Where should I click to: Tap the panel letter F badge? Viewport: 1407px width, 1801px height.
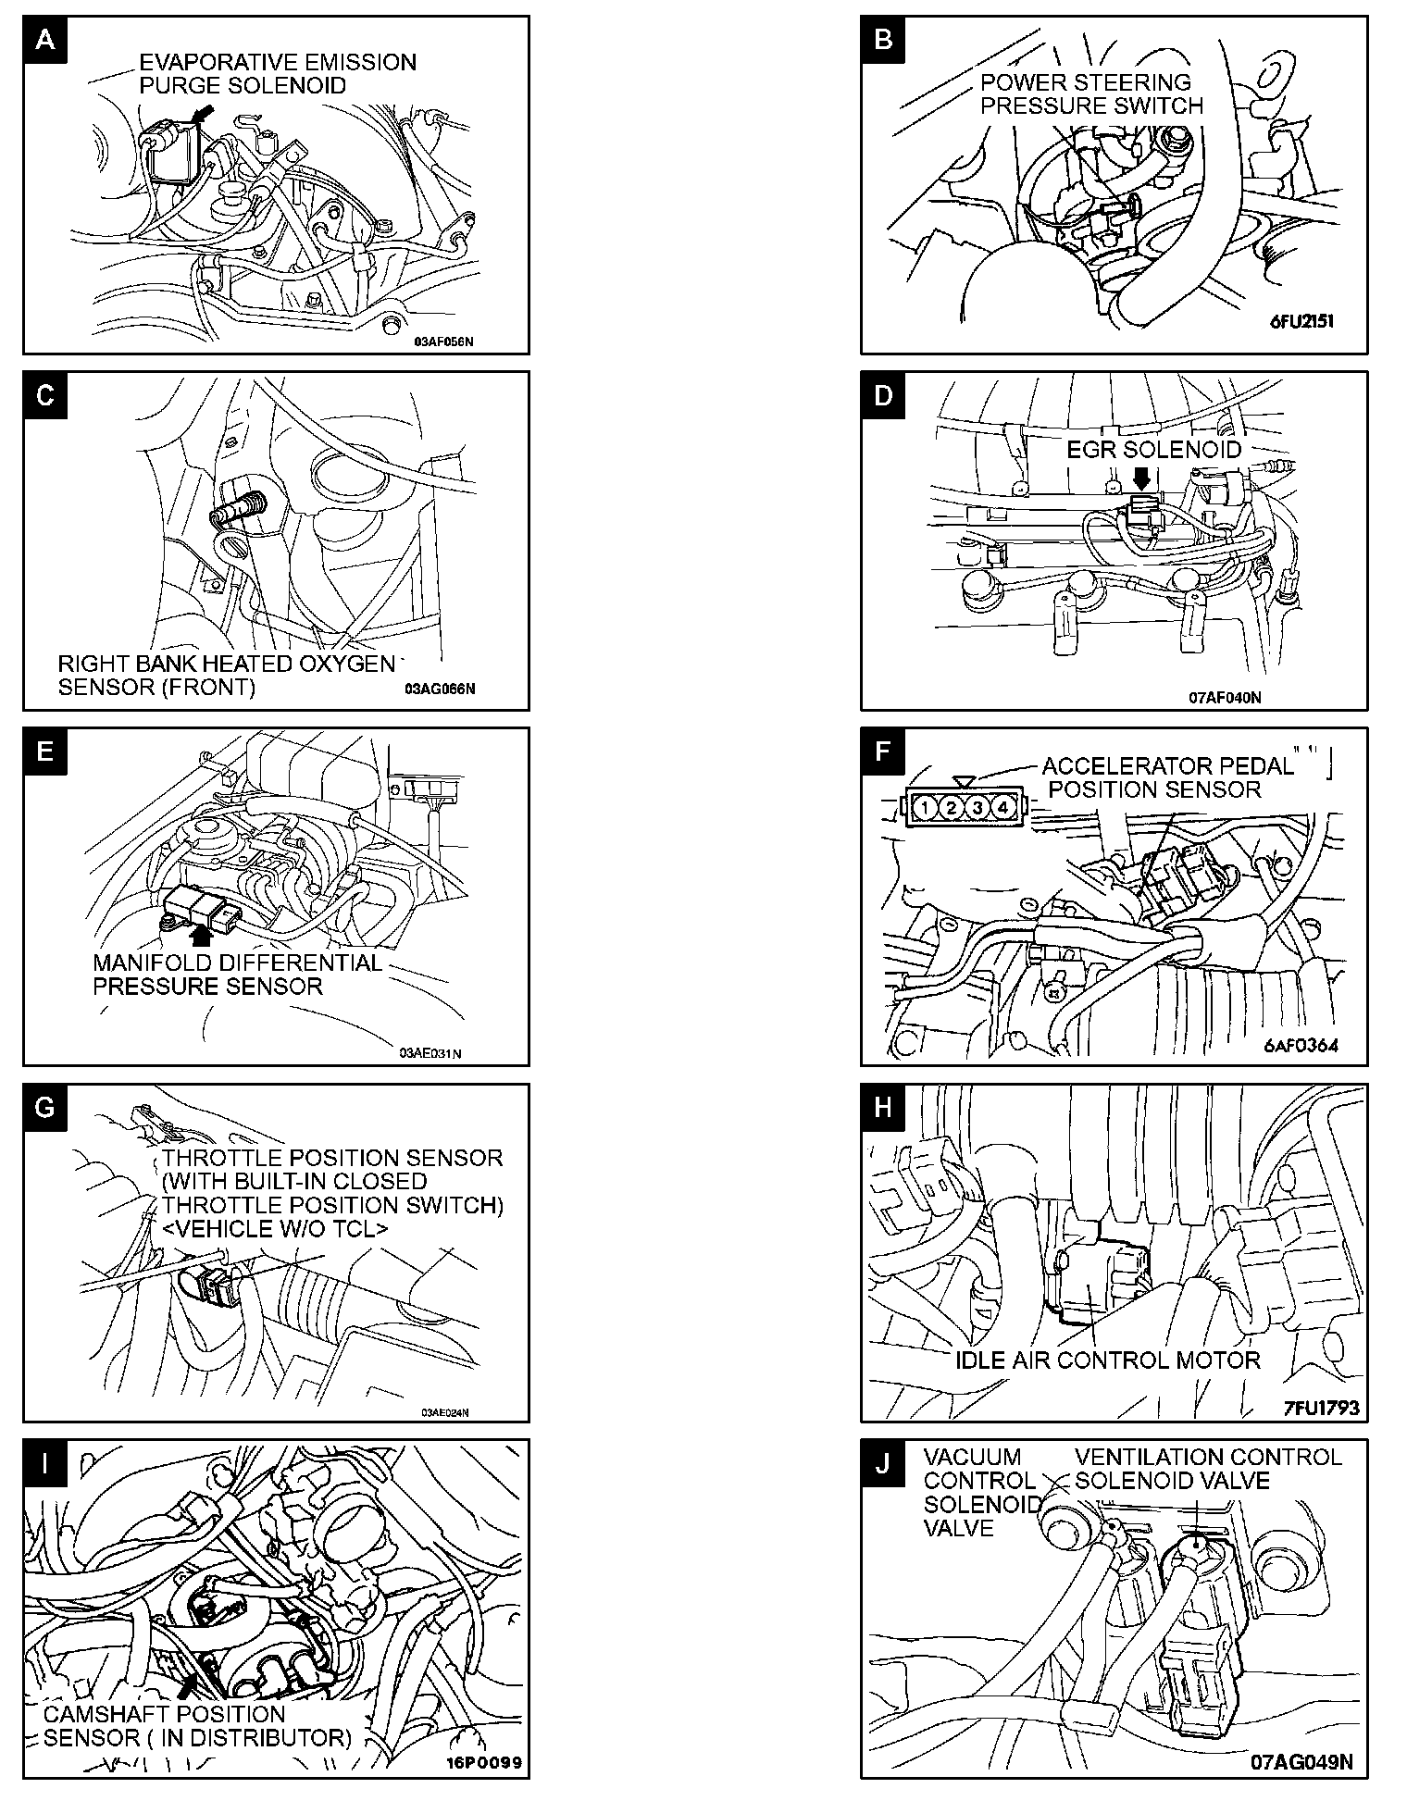pyautogui.click(x=883, y=751)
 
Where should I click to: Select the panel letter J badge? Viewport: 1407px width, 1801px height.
pyautogui.click(x=883, y=1463)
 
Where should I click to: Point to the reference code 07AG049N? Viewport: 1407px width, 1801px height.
pyautogui.click(x=1301, y=1762)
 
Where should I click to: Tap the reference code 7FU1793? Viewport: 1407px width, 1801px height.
pyautogui.click(x=1321, y=1408)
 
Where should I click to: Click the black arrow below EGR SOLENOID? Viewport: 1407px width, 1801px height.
pyautogui.click(x=1142, y=478)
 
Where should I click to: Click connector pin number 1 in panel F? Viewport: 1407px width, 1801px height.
pyautogui.click(x=925, y=808)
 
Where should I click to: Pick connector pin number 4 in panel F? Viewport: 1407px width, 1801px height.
pyautogui.click(x=1002, y=808)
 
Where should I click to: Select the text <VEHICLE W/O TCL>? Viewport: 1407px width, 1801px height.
pyautogui.click(x=275, y=1229)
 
